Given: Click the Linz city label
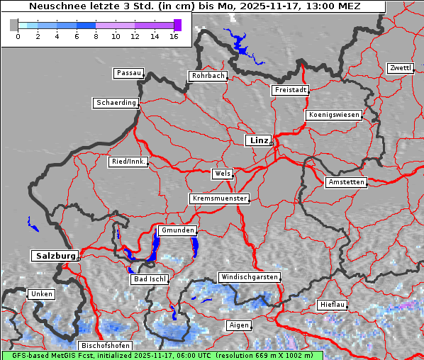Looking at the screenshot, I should coord(258,140).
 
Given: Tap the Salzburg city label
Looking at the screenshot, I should coord(54,256).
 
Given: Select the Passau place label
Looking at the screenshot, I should coord(128,73).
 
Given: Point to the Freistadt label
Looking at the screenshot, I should coord(290,90).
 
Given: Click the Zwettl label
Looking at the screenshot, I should coord(400,68).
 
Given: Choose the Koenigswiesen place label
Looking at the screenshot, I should coord(333,115).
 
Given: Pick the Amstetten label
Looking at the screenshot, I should coord(346,182).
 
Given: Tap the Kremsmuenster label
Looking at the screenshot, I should coord(219,198).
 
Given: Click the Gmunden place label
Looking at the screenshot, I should coord(177,230).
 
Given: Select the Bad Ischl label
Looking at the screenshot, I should coord(150,279).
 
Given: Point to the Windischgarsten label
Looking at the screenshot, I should coord(249,277).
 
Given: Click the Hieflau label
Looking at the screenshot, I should coord(333,304).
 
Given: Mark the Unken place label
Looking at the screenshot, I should coord(41,293).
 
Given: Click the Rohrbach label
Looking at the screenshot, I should coord(207,76).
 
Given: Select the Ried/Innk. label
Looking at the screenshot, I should coord(128,162).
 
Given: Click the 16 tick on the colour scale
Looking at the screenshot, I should coord(174,35).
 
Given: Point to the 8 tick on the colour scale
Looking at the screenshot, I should coord(96,35).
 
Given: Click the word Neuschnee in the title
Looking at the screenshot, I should coord(57,6).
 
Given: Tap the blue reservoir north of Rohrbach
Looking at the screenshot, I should coord(241,50).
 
